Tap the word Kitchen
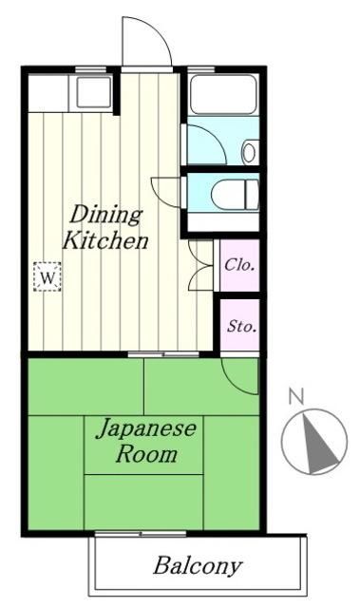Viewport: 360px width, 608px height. [104, 241]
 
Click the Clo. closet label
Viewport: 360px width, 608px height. [239, 265]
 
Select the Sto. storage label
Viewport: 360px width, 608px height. [239, 327]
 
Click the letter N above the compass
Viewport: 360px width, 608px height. [296, 396]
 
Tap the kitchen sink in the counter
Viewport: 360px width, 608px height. [94, 92]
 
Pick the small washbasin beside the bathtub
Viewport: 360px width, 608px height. [249, 150]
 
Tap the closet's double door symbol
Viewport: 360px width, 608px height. [202, 263]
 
